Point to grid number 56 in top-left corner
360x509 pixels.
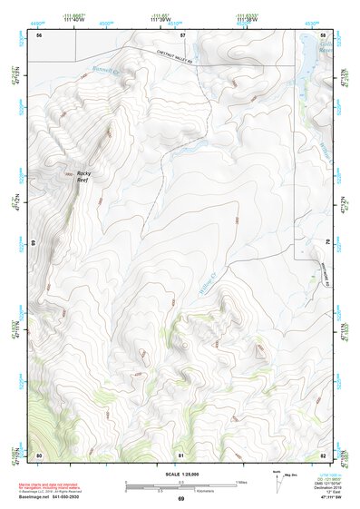[x=39, y=34]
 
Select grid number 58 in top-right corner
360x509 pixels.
[x=324, y=34]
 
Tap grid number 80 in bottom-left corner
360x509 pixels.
[x=39, y=454]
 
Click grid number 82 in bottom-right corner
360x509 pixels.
[x=324, y=454]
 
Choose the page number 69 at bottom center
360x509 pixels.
[x=180, y=500]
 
